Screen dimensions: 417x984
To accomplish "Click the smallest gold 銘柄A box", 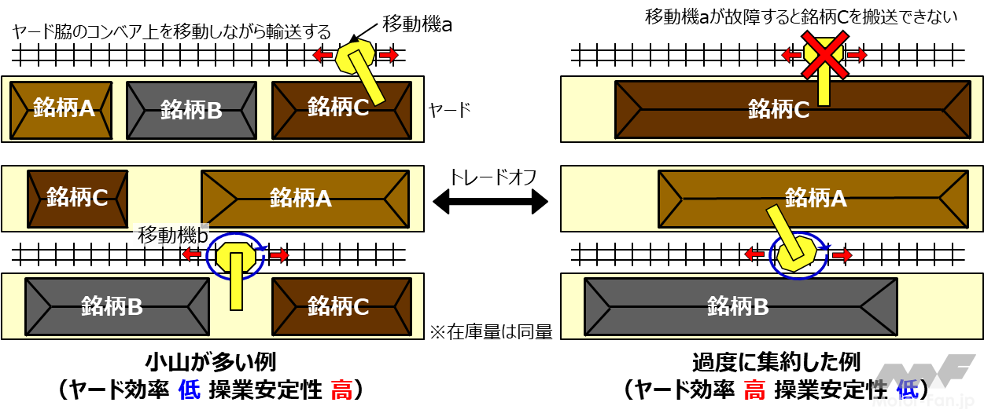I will tap(61, 110).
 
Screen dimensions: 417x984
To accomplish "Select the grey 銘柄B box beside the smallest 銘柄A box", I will tap(191, 110).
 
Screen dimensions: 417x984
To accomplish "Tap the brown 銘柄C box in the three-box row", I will tap(341, 110).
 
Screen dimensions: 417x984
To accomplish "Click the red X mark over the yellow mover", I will tap(824, 55).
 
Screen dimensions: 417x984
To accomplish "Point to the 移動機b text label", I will tap(172, 235).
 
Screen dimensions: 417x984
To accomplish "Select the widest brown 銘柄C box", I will tap(792, 110).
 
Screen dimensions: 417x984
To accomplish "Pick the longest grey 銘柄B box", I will tap(740, 306).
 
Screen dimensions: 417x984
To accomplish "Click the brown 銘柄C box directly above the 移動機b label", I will tap(77, 199).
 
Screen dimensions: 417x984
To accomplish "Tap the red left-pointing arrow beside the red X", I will tap(791, 55).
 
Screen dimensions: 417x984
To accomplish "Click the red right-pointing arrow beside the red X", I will tap(857, 55).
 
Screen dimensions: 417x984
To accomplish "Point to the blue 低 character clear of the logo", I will tap(190, 390).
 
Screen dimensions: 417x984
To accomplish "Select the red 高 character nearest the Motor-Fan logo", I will tap(754, 390).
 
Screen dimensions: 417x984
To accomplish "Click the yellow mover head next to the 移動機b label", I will tap(235, 255).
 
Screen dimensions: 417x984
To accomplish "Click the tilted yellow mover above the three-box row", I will tap(356, 57).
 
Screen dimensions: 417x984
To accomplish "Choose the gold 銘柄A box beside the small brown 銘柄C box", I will tap(305, 199).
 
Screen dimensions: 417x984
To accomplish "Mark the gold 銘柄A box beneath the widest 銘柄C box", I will tap(813, 199).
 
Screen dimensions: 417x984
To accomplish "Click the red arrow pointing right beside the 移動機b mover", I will tap(280, 255).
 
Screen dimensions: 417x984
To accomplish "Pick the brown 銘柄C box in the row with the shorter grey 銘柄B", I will tap(341, 306).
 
